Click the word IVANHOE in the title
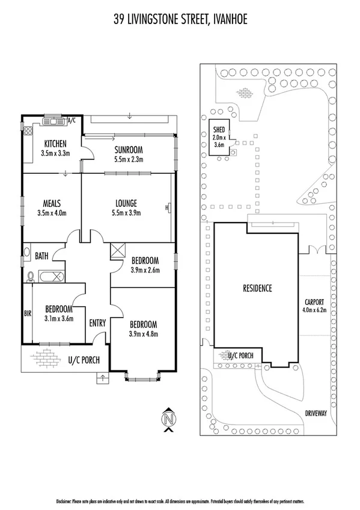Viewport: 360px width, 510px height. [x=223, y=20]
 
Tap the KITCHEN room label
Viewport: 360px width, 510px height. [x=55, y=144]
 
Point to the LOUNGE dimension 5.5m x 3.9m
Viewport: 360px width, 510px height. [x=126, y=212]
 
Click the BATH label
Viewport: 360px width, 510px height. [x=41, y=256]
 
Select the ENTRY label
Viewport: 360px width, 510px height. [x=97, y=324]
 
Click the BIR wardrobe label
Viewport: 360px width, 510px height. [x=27, y=313]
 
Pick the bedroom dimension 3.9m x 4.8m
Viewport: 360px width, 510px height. [x=143, y=334]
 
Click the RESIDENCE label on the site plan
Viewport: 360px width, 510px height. [x=257, y=288]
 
